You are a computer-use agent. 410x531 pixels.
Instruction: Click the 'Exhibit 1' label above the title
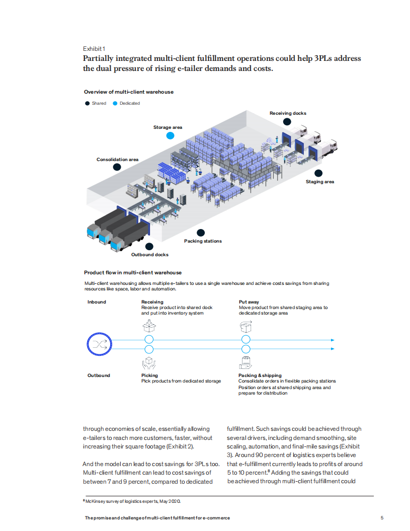pyautogui.click(x=94, y=49)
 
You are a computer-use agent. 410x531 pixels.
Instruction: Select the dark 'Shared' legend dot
pyautogui.click(x=87, y=103)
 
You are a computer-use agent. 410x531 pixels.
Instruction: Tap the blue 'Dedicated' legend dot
pyautogui.click(x=115, y=103)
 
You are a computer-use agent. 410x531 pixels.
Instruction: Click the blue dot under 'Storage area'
pyautogui.click(x=170, y=135)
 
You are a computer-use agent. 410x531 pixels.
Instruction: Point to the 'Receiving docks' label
pyautogui.click(x=288, y=113)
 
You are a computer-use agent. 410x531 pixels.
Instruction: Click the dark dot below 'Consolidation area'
pyautogui.click(x=117, y=167)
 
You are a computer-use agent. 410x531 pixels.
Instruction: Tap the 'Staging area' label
pyautogui.click(x=320, y=182)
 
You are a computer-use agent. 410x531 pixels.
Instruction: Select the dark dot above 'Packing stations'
pyautogui.click(x=201, y=233)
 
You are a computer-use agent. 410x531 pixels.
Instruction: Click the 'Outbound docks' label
pyautogui.click(x=150, y=255)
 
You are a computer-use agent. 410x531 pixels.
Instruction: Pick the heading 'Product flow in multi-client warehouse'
pyautogui.click(x=133, y=272)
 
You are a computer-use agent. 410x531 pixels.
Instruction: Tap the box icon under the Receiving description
pyautogui.click(x=148, y=326)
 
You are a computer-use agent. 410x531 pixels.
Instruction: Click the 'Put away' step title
pyautogui.click(x=249, y=302)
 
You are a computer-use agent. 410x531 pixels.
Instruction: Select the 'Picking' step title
pyautogui.click(x=149, y=375)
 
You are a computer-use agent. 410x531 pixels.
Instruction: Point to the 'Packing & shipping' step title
pyautogui.click(x=260, y=375)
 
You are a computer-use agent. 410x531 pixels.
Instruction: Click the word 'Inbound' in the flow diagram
pyautogui.click(x=97, y=302)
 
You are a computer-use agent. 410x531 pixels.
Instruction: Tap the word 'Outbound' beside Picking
pyautogui.click(x=99, y=375)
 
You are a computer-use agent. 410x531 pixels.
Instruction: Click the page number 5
pyautogui.click(x=382, y=518)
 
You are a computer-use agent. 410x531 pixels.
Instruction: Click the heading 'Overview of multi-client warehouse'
pyautogui.click(x=129, y=92)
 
